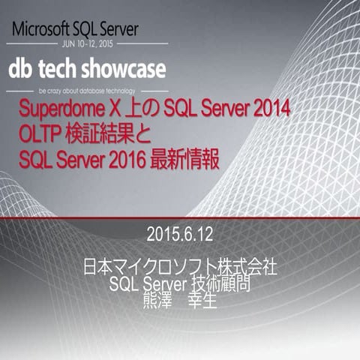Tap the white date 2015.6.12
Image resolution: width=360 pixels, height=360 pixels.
click(180, 234)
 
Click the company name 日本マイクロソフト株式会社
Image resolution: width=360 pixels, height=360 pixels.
click(180, 268)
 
